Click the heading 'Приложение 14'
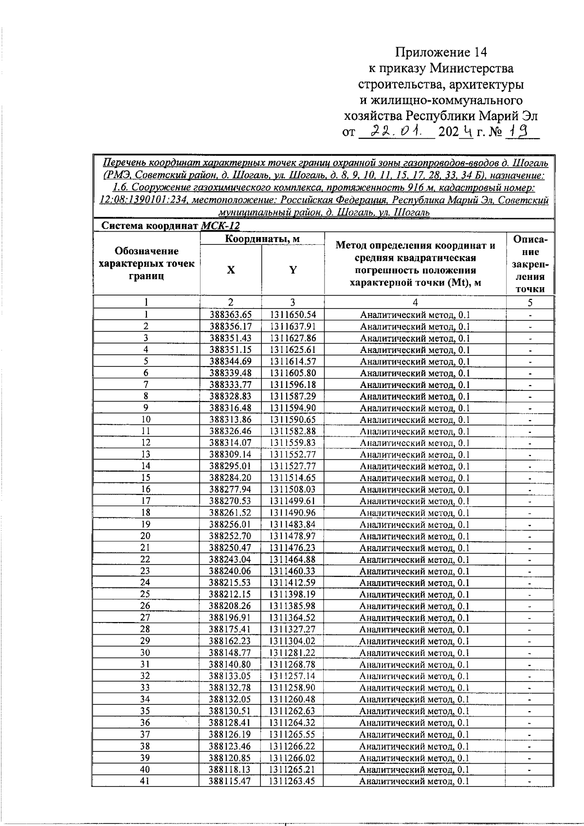(x=441, y=52)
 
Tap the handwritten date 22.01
(x=397, y=131)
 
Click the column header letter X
(x=231, y=270)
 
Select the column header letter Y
(x=293, y=270)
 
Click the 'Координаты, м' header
(x=262, y=239)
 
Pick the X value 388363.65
(x=231, y=315)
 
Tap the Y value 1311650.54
(x=293, y=315)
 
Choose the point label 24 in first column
(x=146, y=583)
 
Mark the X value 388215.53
(x=231, y=583)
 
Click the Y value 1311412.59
(x=293, y=583)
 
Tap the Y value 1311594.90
(x=293, y=408)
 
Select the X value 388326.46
(x=231, y=431)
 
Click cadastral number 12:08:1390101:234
(x=141, y=201)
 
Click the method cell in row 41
(x=414, y=781)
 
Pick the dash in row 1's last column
(x=530, y=315)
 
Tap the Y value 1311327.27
(x=293, y=629)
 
